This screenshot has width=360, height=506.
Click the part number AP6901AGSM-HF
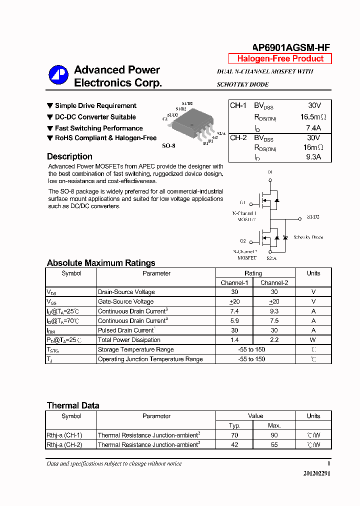click(290, 47)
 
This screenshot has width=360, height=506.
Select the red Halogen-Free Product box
click(280, 58)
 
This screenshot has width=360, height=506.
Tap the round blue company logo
click(58, 75)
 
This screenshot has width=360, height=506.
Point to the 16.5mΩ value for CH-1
click(313, 117)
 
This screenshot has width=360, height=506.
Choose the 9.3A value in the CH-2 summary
click(313, 156)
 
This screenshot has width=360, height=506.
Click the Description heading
click(69, 156)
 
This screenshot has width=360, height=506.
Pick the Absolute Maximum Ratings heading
click(101, 263)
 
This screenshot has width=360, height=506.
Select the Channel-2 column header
click(274, 282)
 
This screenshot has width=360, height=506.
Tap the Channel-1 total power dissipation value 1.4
click(234, 340)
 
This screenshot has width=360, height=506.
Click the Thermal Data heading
click(73, 405)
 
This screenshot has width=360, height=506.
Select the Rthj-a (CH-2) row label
click(64, 444)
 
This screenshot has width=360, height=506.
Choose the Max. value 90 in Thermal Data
click(274, 435)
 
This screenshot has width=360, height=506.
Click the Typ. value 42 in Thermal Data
click(234, 444)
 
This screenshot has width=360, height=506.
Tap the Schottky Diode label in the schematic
click(308, 237)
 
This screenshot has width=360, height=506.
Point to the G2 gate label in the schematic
click(242, 241)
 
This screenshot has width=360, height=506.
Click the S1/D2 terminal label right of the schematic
click(313, 217)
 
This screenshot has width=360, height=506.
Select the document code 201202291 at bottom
click(316, 473)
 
